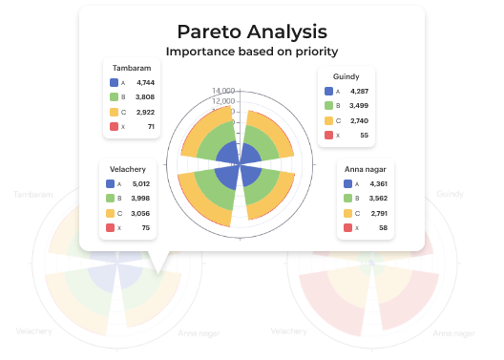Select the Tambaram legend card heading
pyautogui.click(x=131, y=68)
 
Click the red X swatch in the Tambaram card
pyautogui.click(x=114, y=126)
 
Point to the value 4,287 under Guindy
pyautogui.click(x=357, y=91)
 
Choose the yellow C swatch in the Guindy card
pyautogui.click(x=329, y=120)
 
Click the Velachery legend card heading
pyautogui.click(x=127, y=169)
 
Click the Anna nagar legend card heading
pyautogui.click(x=366, y=168)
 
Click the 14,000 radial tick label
pyautogui.click(x=221, y=91)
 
